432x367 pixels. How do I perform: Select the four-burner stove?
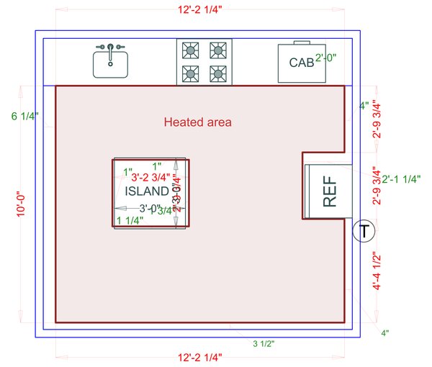click(x=204, y=61)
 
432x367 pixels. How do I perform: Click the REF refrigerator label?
click(x=330, y=194)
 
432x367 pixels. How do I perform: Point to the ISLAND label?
click(x=148, y=191)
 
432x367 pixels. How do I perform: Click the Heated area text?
click(x=198, y=122)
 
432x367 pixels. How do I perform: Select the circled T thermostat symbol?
click(x=365, y=231)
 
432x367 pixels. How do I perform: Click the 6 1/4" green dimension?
click(x=24, y=115)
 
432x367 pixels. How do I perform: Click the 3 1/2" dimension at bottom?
click(x=264, y=344)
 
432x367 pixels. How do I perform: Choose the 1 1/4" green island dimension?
click(x=130, y=220)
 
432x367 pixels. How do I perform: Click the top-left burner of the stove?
click(x=192, y=50)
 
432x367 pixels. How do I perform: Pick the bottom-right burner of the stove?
click(x=217, y=73)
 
